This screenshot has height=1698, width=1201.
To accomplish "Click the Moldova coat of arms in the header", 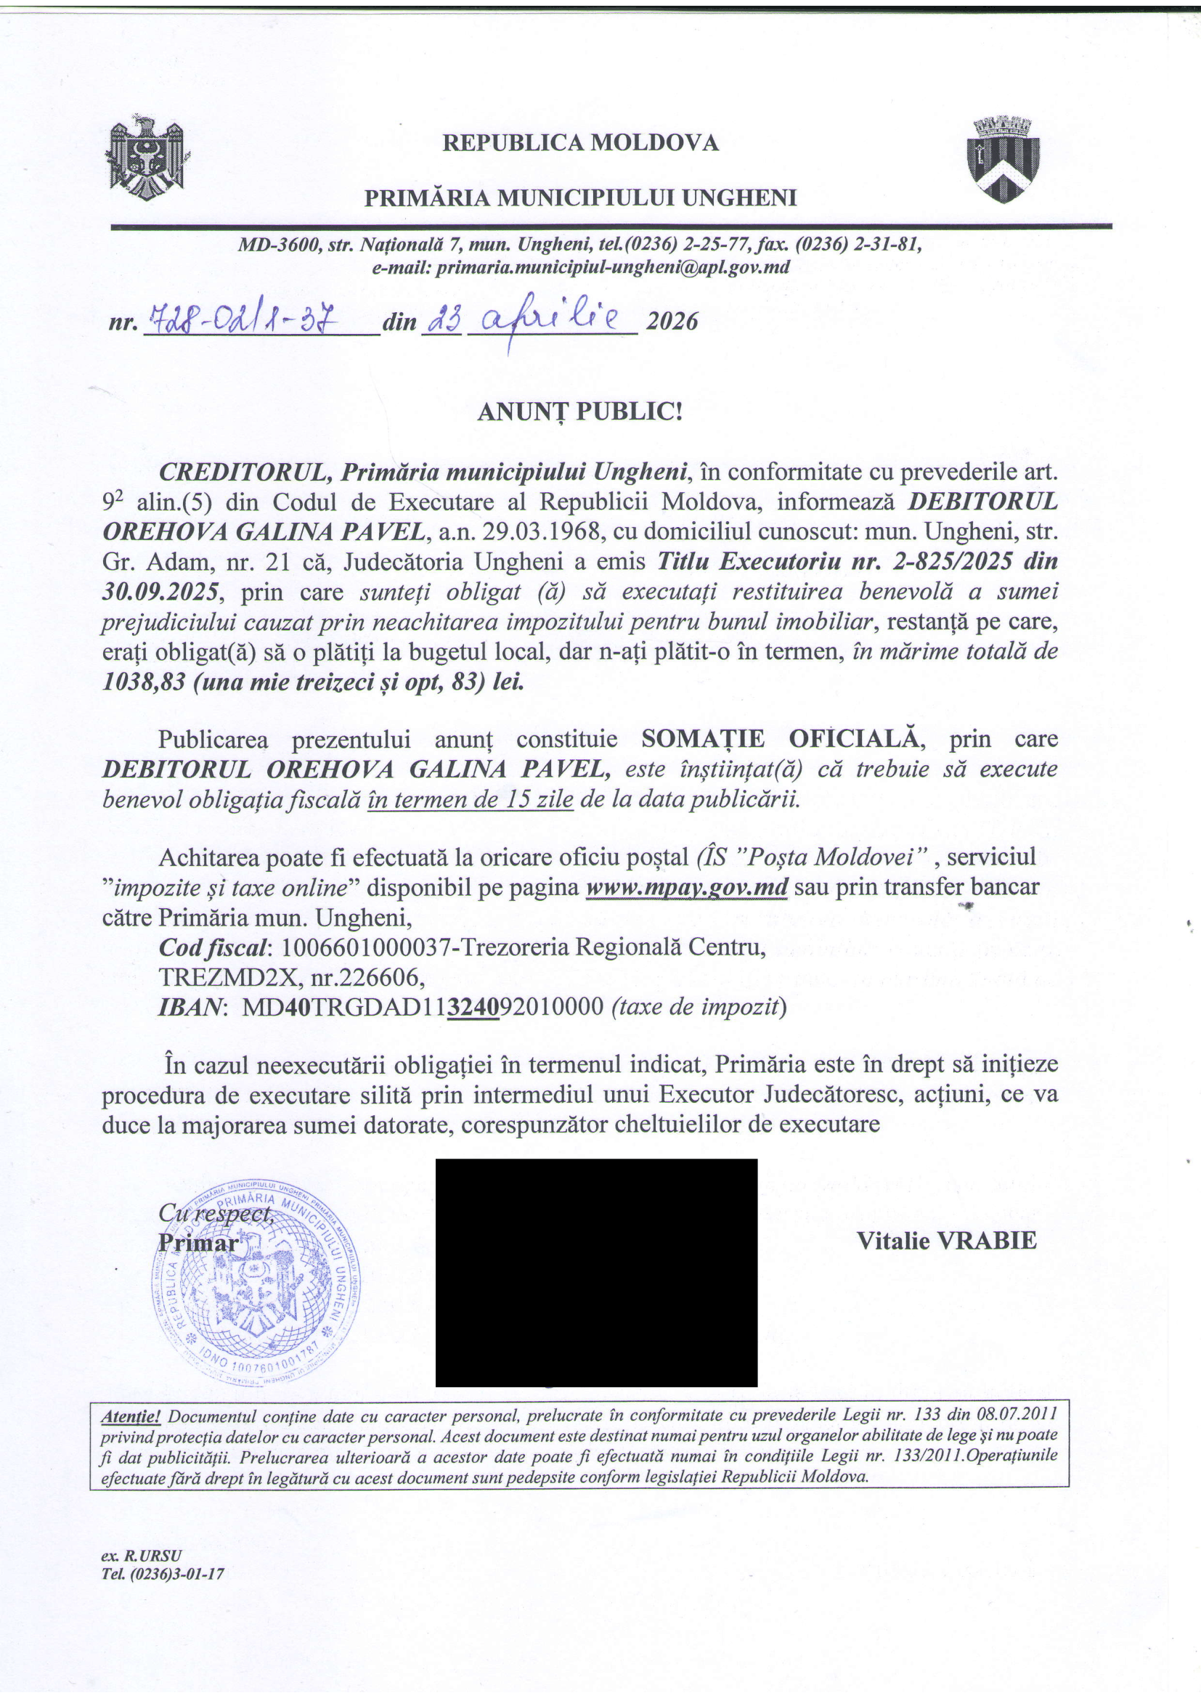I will click(x=147, y=157).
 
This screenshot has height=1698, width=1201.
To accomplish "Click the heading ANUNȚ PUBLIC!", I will click(x=579, y=411).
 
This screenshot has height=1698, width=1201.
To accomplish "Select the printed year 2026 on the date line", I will click(x=672, y=321).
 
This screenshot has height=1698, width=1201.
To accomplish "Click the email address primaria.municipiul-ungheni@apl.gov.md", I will click(x=613, y=267).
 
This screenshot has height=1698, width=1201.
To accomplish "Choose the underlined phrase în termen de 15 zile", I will click(x=471, y=799).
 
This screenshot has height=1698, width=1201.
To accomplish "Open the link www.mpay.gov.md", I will click(x=686, y=886).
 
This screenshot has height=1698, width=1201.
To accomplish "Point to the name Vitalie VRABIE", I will click(x=946, y=1240).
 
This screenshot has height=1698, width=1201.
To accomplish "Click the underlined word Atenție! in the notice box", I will click(x=131, y=1417).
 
